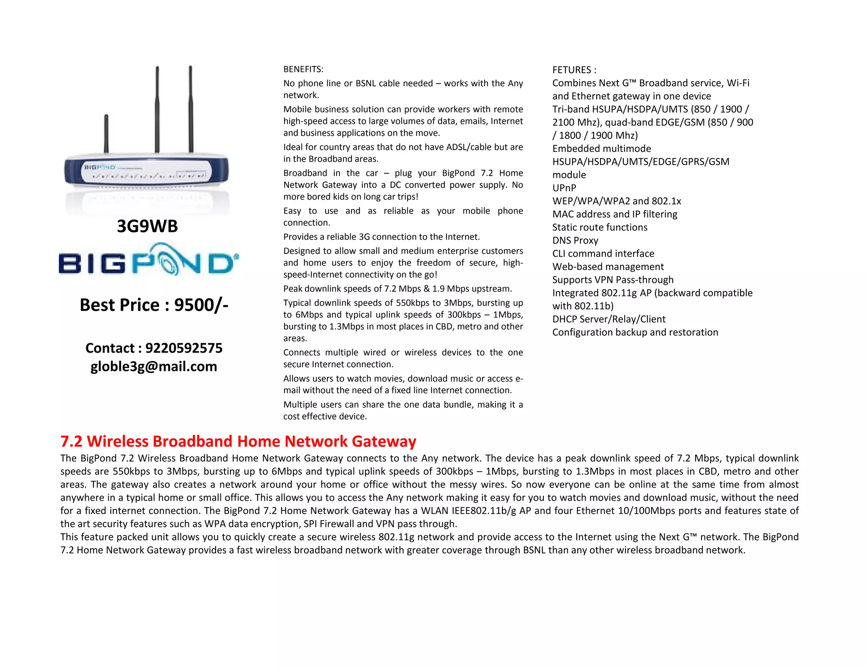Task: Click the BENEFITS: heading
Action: click(303, 69)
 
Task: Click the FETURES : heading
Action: click(574, 70)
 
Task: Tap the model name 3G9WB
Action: click(147, 226)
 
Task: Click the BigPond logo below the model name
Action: click(148, 260)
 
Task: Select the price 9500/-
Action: click(201, 305)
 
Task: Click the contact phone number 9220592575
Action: click(184, 348)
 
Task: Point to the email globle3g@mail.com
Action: click(153, 366)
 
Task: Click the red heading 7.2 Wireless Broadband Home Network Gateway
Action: click(238, 441)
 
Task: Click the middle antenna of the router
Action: click(157, 109)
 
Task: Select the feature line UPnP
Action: click(564, 188)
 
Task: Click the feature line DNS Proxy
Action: click(575, 240)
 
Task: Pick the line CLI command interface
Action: click(603, 253)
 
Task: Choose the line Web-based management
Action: click(608, 266)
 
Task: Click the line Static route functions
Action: click(600, 227)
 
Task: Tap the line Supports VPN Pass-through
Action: click(613, 280)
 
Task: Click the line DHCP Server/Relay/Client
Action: click(608, 319)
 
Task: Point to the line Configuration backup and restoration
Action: click(635, 332)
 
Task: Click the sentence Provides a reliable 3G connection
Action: click(381, 237)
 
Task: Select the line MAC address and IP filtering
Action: click(614, 214)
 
